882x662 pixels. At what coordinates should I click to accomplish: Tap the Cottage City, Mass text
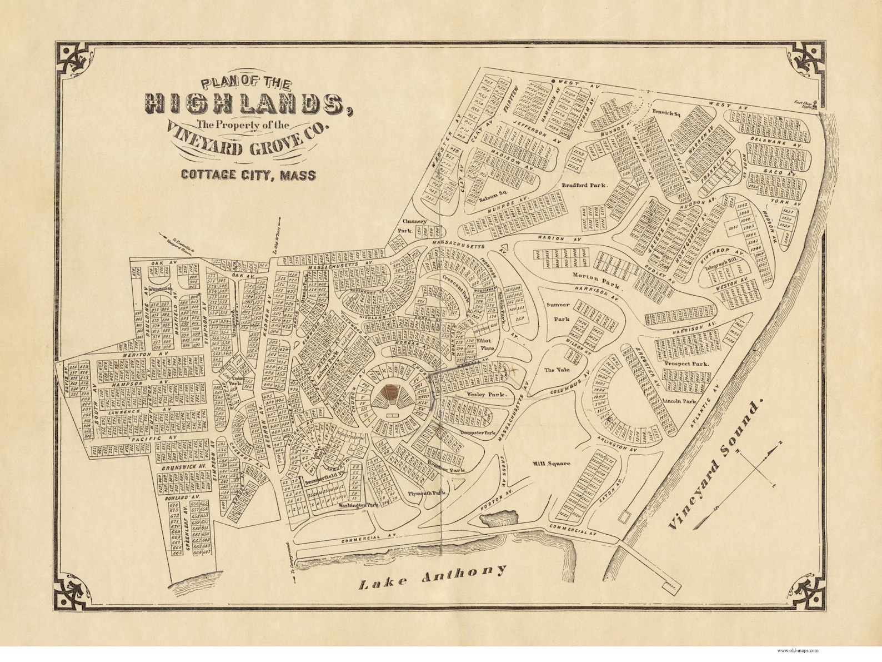pos(248,175)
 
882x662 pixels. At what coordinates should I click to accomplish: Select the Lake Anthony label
pos(433,576)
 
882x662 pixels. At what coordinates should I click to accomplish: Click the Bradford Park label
pos(584,185)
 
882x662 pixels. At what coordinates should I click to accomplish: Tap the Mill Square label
pos(551,464)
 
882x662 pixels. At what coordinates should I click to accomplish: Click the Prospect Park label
pos(686,364)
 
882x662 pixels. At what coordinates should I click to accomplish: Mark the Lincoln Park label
pos(679,401)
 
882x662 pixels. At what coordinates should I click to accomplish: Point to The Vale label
pos(557,370)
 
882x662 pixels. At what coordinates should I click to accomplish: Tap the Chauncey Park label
pos(415,225)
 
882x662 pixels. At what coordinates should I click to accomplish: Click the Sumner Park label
pos(558,312)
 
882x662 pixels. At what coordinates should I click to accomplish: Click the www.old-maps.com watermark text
pos(797,650)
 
